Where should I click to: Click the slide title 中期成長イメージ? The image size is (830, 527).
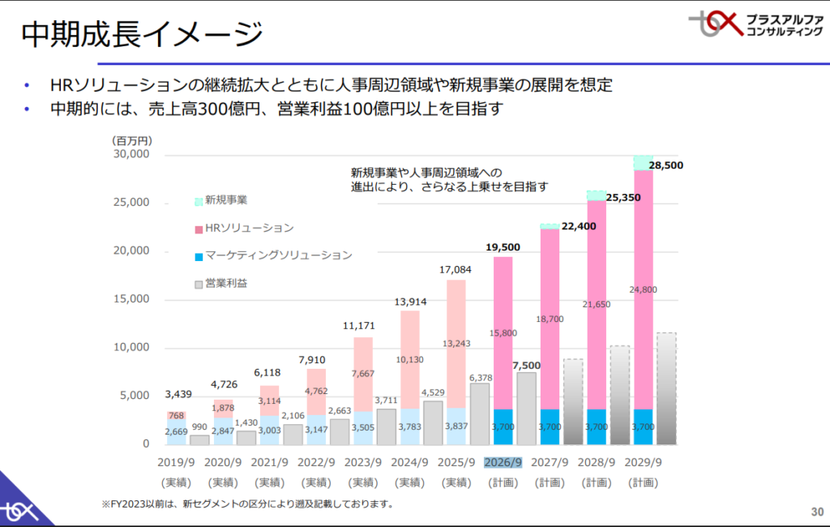[143, 34]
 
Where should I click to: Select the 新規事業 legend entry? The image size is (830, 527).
[226, 200]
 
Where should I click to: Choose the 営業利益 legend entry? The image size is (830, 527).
[226, 283]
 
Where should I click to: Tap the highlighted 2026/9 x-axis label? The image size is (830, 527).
[503, 463]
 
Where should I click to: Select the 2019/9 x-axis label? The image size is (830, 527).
[176, 463]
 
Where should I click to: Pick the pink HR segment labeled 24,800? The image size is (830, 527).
[643, 289]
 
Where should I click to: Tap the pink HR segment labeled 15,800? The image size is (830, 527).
[503, 332]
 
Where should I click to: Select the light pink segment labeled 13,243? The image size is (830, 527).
[456, 344]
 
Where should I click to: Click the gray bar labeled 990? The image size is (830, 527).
[199, 439]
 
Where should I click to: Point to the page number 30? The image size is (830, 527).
[816, 512]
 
